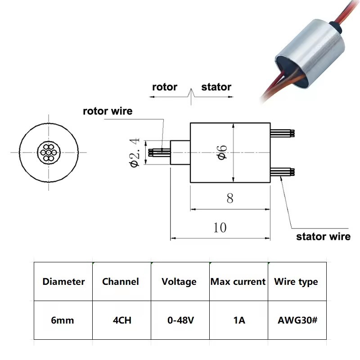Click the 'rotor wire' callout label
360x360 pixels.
pyautogui.click(x=108, y=111)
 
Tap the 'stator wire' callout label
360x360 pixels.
pyautogui.click(x=323, y=237)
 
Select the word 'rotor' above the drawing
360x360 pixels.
pyautogui.click(x=165, y=87)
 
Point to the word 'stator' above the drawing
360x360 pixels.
pyautogui.click(x=216, y=87)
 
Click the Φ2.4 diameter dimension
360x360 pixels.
pyautogui.click(x=135, y=153)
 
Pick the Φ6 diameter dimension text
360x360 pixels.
pyautogui.click(x=222, y=153)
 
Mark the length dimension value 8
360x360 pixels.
pyautogui.click(x=230, y=198)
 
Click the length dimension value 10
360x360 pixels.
pyautogui.click(x=220, y=228)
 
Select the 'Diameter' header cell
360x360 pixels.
pyautogui.click(x=63, y=282)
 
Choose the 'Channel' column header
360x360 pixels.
pyautogui.click(x=121, y=282)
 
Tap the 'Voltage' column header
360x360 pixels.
pyautogui.click(x=179, y=282)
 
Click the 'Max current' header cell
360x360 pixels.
pyautogui.click(x=238, y=282)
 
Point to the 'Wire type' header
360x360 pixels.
pyautogui.click(x=296, y=282)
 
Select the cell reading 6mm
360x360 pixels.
pyautogui.click(x=63, y=320)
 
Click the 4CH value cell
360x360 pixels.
pyautogui.click(x=122, y=320)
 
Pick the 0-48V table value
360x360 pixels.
pyautogui.click(x=181, y=320)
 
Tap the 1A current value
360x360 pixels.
pyautogui.click(x=239, y=320)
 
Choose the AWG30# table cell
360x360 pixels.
pyautogui.click(x=297, y=320)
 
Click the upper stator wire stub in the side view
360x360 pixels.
pyautogui.click(x=283, y=133)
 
